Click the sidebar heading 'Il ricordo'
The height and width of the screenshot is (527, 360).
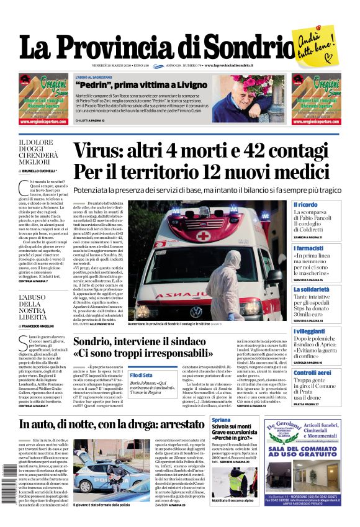pyautogui.click(x=305, y=204)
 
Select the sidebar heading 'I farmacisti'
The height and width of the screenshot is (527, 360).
pyautogui.click(x=308, y=248)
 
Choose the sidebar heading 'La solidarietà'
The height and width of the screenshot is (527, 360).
pyautogui.click(x=311, y=289)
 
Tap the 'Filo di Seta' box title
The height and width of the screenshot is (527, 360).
pyautogui.click(x=141, y=376)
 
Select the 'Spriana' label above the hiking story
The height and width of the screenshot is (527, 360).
pyautogui.click(x=238, y=420)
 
